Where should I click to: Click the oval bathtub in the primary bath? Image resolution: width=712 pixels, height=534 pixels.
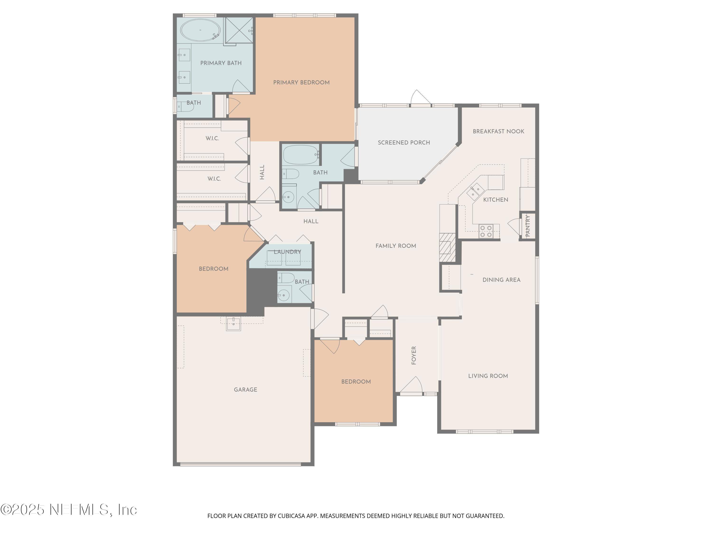pos(201,30)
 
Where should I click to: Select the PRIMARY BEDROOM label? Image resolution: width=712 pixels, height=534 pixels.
pos(301,82)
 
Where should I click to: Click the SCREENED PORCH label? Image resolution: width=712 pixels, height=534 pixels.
pos(404,143)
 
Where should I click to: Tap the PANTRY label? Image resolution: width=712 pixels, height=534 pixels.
pos(528,226)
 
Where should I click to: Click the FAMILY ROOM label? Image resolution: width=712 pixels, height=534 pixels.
pos(396,246)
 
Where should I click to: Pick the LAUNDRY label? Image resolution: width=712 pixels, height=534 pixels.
pos(287,252)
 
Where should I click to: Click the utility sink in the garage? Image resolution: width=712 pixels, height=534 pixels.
pos(233,324)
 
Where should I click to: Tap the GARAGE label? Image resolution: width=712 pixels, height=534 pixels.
pos(245,389)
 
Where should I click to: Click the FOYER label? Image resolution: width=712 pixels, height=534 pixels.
pos(414,355)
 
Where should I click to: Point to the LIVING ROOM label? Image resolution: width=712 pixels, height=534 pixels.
pos(488,376)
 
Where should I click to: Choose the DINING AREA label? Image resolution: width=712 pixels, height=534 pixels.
pos(501,280)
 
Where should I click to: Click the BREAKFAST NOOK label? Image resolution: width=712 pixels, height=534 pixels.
pos(498,131)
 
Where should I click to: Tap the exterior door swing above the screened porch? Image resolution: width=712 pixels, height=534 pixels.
pos(420,97)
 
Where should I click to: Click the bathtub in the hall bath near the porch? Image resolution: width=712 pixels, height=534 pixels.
pos(300,155)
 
